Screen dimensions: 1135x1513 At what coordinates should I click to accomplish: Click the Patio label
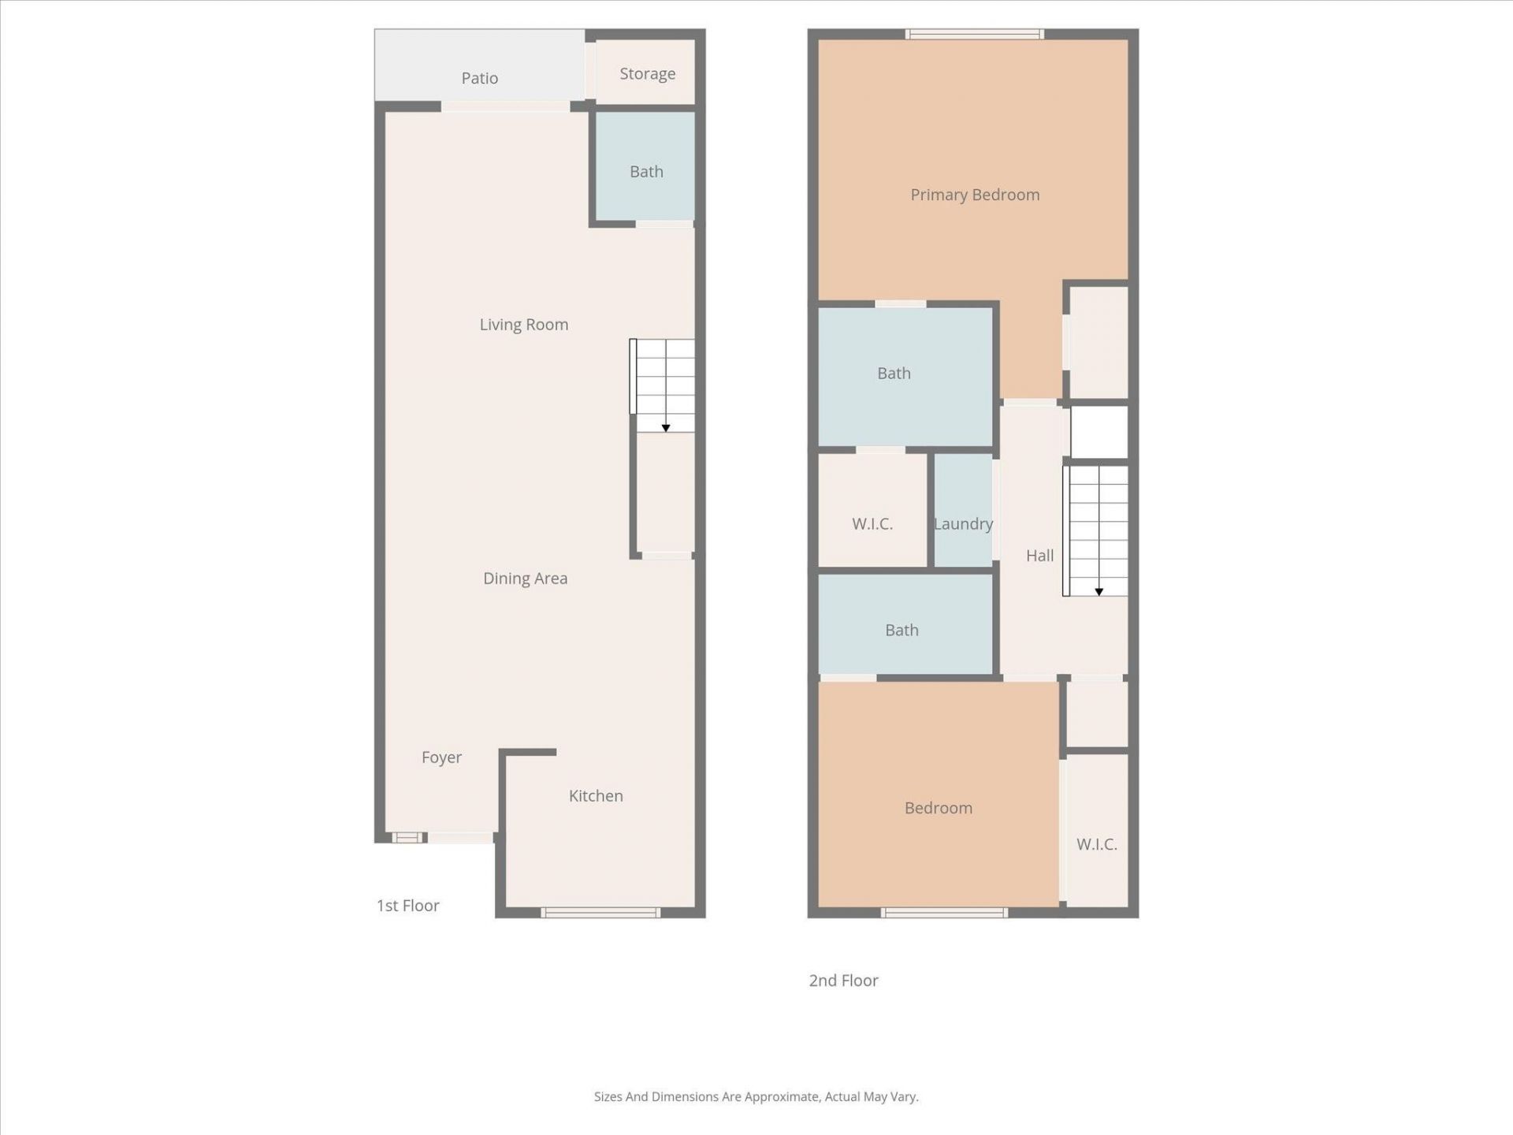click(x=479, y=78)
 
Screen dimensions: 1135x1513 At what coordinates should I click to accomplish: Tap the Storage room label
click(x=647, y=74)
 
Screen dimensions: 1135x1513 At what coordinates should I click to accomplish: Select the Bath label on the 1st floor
click(x=646, y=172)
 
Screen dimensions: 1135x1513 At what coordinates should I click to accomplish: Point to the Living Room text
click(x=524, y=325)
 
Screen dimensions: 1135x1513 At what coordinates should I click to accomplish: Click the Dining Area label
click(x=525, y=579)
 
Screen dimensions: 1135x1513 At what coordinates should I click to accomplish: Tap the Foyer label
click(x=441, y=757)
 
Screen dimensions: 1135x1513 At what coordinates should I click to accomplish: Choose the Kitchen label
click(x=596, y=796)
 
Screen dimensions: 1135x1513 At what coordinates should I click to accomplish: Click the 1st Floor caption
click(x=407, y=906)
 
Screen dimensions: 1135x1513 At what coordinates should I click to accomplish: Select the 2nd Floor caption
click(x=843, y=981)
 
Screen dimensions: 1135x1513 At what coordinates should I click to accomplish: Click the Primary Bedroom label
click(x=975, y=195)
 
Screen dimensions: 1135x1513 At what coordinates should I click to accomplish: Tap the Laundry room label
click(x=963, y=524)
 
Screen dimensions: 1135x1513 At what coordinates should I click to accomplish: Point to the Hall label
click(x=1039, y=556)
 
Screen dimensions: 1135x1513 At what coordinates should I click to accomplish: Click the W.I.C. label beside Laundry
click(x=872, y=524)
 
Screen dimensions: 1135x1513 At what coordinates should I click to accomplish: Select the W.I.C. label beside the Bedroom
click(x=1096, y=844)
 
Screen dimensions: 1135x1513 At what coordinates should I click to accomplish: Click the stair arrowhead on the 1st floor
click(x=666, y=428)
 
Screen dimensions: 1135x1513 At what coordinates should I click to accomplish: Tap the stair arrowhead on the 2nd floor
click(x=1099, y=591)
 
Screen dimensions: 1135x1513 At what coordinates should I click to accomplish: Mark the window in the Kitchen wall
click(x=600, y=913)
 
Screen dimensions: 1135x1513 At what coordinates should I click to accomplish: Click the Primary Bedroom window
click(x=975, y=34)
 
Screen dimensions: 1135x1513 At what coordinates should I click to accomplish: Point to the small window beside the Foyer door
click(x=407, y=838)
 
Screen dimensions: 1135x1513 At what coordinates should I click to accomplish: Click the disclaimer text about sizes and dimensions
click(x=756, y=1096)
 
